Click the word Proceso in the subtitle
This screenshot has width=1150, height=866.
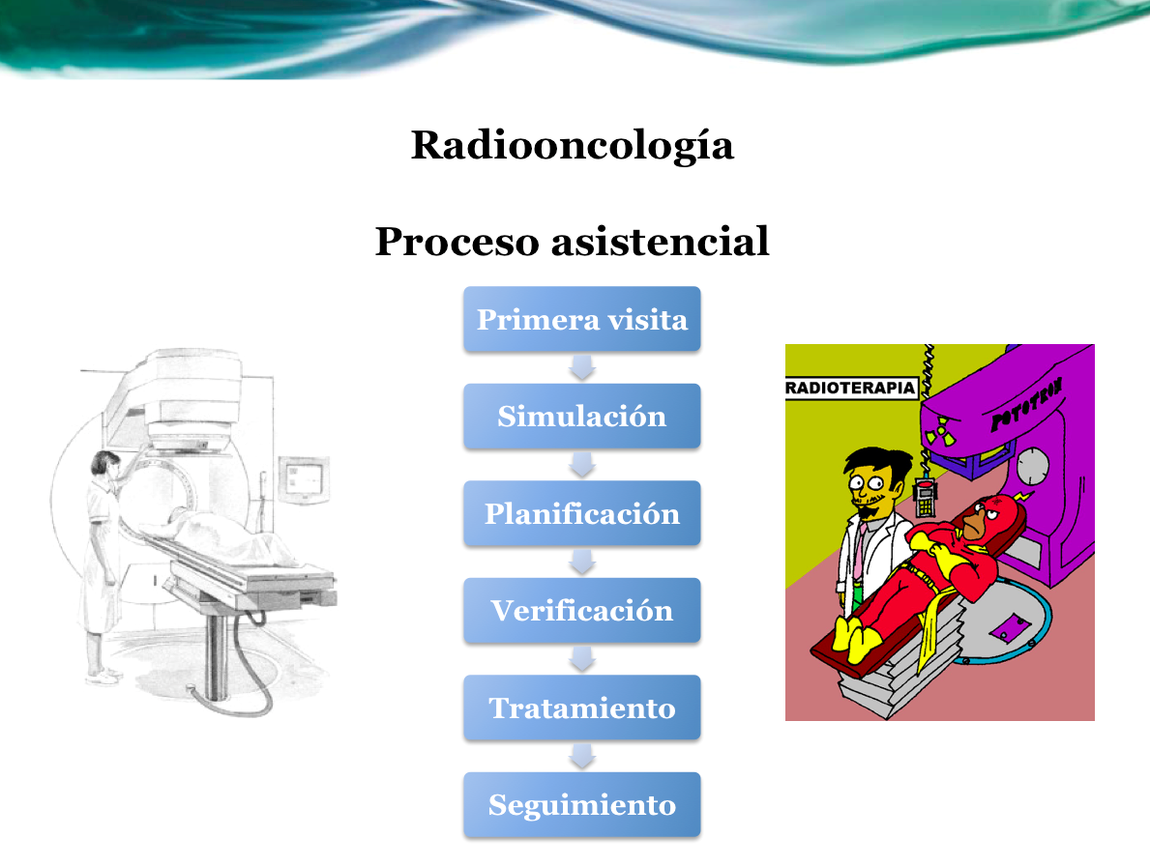[x=457, y=242]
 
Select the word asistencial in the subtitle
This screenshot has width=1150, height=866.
[x=660, y=241]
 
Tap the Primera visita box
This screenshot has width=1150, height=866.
[x=581, y=319]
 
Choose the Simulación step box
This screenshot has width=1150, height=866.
[x=581, y=417]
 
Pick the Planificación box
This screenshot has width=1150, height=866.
[x=581, y=513]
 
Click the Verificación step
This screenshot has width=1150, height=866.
[x=581, y=610]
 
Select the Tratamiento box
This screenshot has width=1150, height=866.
[x=581, y=707]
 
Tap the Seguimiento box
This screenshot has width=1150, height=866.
[x=581, y=804]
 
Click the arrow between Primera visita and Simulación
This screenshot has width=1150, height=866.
[x=581, y=368]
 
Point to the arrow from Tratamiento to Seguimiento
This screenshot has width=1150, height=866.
[x=581, y=756]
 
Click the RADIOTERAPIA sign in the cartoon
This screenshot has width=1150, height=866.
[x=851, y=388]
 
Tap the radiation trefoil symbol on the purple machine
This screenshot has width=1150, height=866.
[x=939, y=431]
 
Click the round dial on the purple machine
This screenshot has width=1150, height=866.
[x=1033, y=467]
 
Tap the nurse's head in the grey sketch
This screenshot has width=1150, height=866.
[x=104, y=465]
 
